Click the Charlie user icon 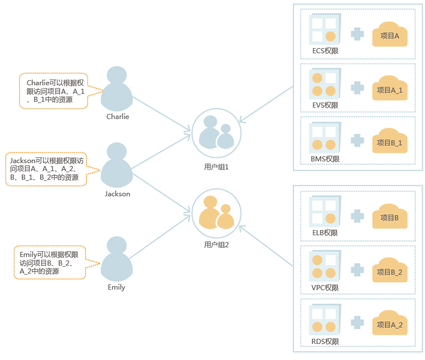(117, 89)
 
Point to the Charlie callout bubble (54, 90)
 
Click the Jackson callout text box (45, 169)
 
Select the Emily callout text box (49, 263)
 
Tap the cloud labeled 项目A (390, 35)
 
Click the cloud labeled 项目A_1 (390, 89)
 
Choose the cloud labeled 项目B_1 (390, 141)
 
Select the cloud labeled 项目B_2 (390, 271)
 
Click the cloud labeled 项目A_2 (390, 324)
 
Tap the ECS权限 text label (325, 51)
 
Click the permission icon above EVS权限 (323, 84)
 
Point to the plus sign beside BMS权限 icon (357, 140)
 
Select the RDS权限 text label (325, 342)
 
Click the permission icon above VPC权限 (323, 266)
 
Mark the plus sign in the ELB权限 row (357, 216)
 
